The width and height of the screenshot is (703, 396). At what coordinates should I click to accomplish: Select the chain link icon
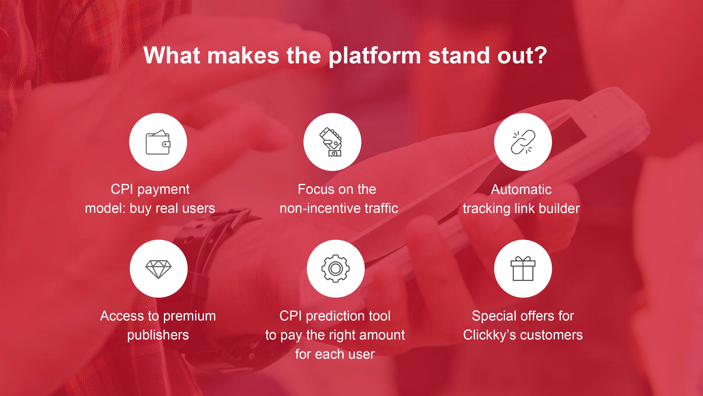tap(523, 142)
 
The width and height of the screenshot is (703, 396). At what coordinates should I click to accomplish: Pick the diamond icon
tap(158, 269)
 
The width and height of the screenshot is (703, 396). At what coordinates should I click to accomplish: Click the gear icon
tap(335, 268)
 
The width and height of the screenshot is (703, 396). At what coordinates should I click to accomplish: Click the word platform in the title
tap(375, 56)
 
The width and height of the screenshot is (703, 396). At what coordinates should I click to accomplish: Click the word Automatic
tap(521, 189)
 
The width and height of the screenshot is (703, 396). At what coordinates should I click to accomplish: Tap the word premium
tap(190, 316)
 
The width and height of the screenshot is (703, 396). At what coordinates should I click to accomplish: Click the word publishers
tap(158, 335)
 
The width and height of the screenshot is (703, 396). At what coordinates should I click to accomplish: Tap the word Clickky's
tap(489, 335)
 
